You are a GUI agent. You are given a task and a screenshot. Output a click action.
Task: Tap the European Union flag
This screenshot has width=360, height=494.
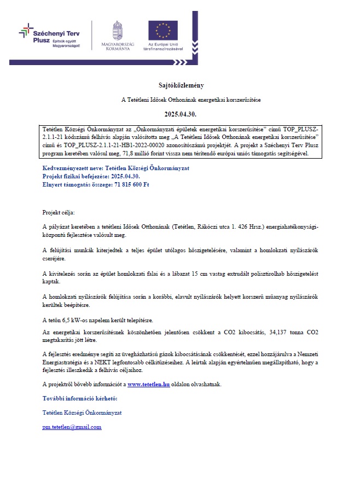coord(162,30)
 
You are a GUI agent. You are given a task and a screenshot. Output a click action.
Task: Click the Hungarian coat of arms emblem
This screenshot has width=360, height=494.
coord(117,30)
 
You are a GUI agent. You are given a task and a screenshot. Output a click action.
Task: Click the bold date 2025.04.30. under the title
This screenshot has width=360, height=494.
coord(179,115)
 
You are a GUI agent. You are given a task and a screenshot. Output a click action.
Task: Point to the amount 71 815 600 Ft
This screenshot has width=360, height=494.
coord(132,184)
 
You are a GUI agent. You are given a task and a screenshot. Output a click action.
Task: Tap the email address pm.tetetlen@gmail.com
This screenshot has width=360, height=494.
coord(72,427)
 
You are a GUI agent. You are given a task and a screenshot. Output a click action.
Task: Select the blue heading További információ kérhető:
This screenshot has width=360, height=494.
coord(80,398)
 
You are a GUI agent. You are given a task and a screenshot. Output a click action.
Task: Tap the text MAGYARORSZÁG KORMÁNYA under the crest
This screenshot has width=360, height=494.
coord(115,47)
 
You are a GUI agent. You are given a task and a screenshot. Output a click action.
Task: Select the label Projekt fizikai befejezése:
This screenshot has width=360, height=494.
coord(77,176)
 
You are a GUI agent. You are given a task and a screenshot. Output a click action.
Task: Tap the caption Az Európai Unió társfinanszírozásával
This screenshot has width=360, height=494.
coord(162,47)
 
